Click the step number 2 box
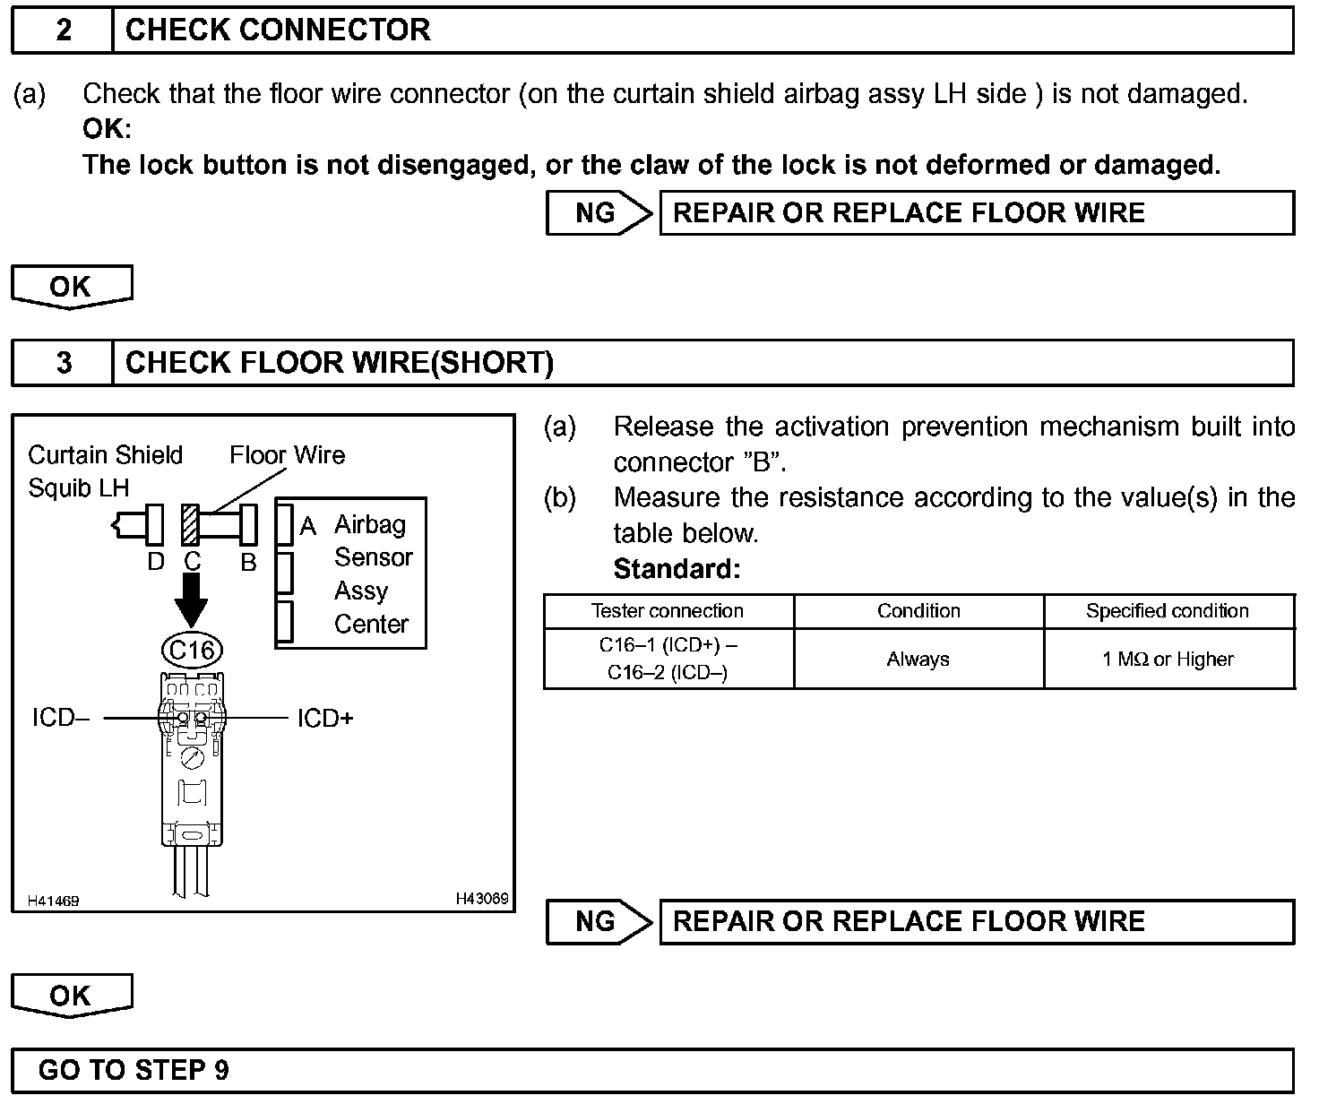pos(63,30)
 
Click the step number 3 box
pos(63,363)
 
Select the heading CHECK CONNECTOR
pos(278,30)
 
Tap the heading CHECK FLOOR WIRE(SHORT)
pos(340,363)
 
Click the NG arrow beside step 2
pos(599,213)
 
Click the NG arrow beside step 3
pos(599,922)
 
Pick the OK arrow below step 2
pos(71,287)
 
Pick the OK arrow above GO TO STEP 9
pos(71,996)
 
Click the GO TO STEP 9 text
pos(134,1070)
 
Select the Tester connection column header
pos(668,611)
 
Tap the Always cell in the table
pos(918,660)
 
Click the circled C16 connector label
pos(191,650)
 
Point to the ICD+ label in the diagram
pos(325,719)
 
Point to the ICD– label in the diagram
pos(60,719)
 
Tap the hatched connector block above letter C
pos(190,524)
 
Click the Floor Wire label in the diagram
pos(287,455)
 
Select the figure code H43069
pos(482,899)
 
